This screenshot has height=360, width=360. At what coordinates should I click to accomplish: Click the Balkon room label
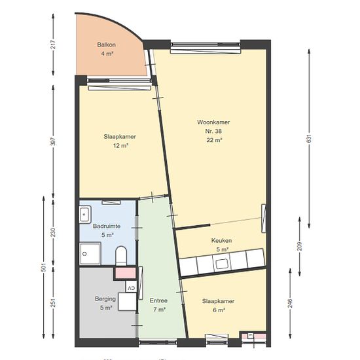tap(106, 45)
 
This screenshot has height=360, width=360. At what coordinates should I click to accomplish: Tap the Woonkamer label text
tap(213, 122)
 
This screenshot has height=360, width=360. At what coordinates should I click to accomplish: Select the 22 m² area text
tap(214, 140)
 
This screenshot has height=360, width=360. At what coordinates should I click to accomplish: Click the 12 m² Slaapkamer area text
tap(120, 145)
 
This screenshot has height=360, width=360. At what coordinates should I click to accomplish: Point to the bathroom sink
tap(85, 215)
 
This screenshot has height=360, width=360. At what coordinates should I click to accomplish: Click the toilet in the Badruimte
tap(121, 256)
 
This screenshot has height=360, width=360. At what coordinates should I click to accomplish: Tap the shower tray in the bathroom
tap(90, 254)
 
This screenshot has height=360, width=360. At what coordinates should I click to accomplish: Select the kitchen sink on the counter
tap(221, 264)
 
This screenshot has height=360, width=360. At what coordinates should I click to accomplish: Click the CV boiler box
tap(131, 288)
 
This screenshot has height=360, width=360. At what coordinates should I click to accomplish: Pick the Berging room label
tap(105, 298)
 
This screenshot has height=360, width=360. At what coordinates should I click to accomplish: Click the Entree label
tap(158, 300)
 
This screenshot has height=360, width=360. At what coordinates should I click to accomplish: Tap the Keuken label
tap(221, 241)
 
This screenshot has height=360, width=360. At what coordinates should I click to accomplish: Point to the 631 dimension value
tap(309, 139)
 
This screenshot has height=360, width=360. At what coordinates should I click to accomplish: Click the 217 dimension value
tap(53, 45)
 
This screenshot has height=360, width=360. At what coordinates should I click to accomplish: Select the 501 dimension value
tap(43, 267)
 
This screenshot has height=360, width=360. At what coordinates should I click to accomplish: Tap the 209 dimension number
tap(300, 246)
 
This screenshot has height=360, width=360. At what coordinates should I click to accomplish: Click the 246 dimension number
tap(290, 303)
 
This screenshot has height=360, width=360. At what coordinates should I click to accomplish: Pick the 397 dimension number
tap(53, 141)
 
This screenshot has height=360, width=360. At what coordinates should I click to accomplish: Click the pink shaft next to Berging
tap(126, 273)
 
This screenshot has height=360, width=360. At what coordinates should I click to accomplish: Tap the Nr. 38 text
tap(213, 131)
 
